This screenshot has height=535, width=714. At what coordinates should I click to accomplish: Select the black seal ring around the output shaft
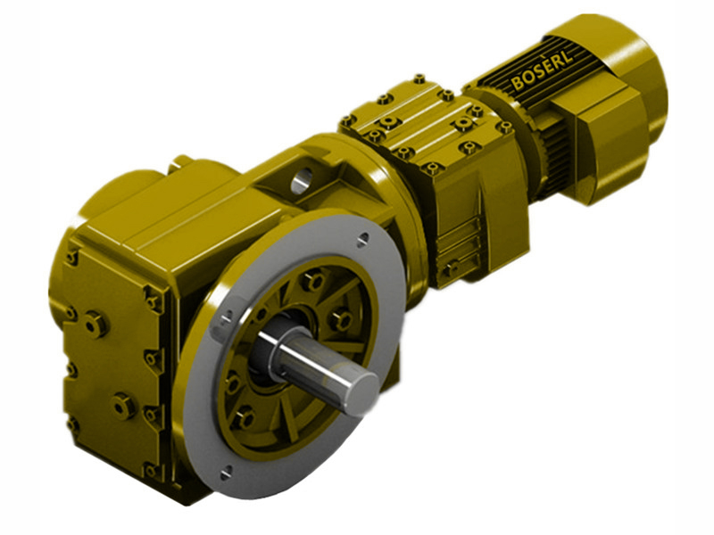coord(272,352)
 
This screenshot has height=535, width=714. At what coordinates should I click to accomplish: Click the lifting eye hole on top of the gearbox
coord(301,176)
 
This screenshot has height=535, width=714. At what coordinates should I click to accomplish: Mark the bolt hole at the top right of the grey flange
coord(362,239)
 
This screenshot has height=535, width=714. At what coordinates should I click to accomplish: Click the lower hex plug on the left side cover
coord(122,407)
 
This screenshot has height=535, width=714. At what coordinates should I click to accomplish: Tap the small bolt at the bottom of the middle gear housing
coord(453,266)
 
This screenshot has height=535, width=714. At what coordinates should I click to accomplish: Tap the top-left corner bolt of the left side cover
coord(71,259)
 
